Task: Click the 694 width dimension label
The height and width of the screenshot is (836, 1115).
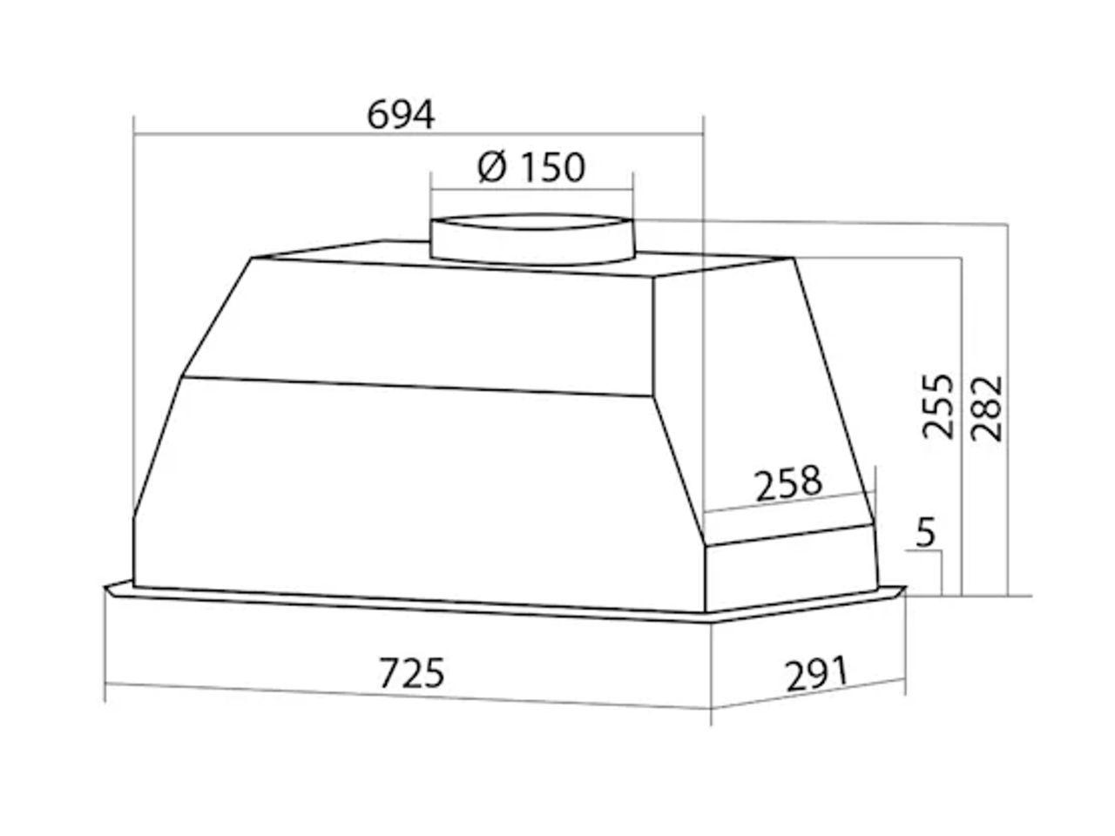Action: [x=401, y=115]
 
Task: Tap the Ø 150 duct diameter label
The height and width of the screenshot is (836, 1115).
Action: [x=531, y=167]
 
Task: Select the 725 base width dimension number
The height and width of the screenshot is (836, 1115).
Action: [x=412, y=673]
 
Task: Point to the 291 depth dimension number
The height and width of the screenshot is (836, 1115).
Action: [x=816, y=673]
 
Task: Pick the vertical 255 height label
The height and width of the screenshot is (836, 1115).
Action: [x=938, y=406]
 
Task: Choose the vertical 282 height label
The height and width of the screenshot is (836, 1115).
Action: [x=986, y=408]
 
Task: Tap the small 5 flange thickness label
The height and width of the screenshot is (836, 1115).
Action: [x=925, y=532]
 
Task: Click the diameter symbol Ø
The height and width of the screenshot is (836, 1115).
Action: [x=491, y=167]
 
